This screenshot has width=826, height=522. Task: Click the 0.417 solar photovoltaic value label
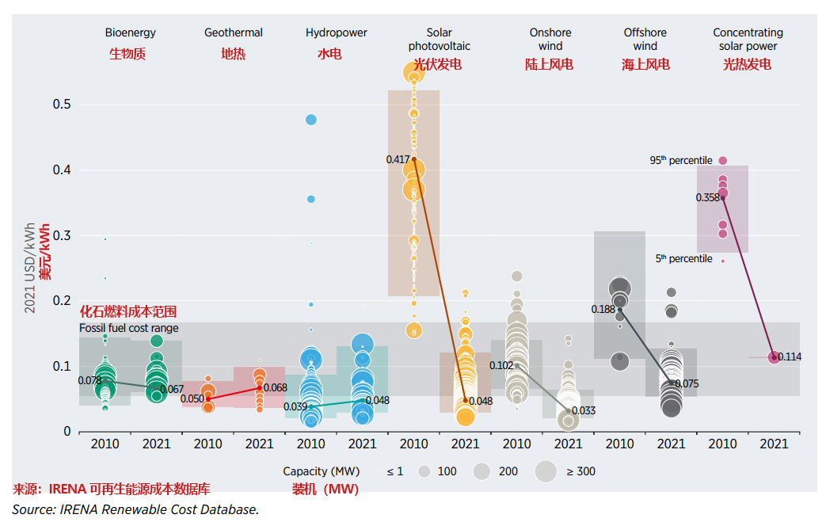(x=398, y=160)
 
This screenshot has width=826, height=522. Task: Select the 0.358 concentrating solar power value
(x=707, y=198)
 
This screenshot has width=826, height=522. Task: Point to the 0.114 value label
(x=790, y=357)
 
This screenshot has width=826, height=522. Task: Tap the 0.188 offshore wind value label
(x=603, y=310)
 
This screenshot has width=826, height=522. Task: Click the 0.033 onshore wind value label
(x=584, y=411)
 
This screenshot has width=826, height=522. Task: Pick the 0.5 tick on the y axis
(x=62, y=105)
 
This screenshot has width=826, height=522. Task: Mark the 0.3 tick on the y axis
(x=62, y=236)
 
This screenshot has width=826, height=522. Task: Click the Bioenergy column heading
(x=130, y=33)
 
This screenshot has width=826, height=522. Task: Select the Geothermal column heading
(x=233, y=33)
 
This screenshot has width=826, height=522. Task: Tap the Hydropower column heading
(x=336, y=33)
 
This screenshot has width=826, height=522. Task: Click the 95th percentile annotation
(x=681, y=160)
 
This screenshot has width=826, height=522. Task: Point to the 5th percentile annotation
(x=683, y=259)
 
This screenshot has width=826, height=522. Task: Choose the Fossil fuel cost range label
(x=128, y=328)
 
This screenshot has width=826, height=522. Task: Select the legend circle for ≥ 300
(x=546, y=471)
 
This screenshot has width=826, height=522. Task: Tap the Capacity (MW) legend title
(x=321, y=471)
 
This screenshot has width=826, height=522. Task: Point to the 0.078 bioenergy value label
(x=89, y=380)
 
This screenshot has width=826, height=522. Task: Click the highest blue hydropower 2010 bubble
(x=311, y=120)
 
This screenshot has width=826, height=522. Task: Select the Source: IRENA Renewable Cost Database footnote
(x=135, y=509)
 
